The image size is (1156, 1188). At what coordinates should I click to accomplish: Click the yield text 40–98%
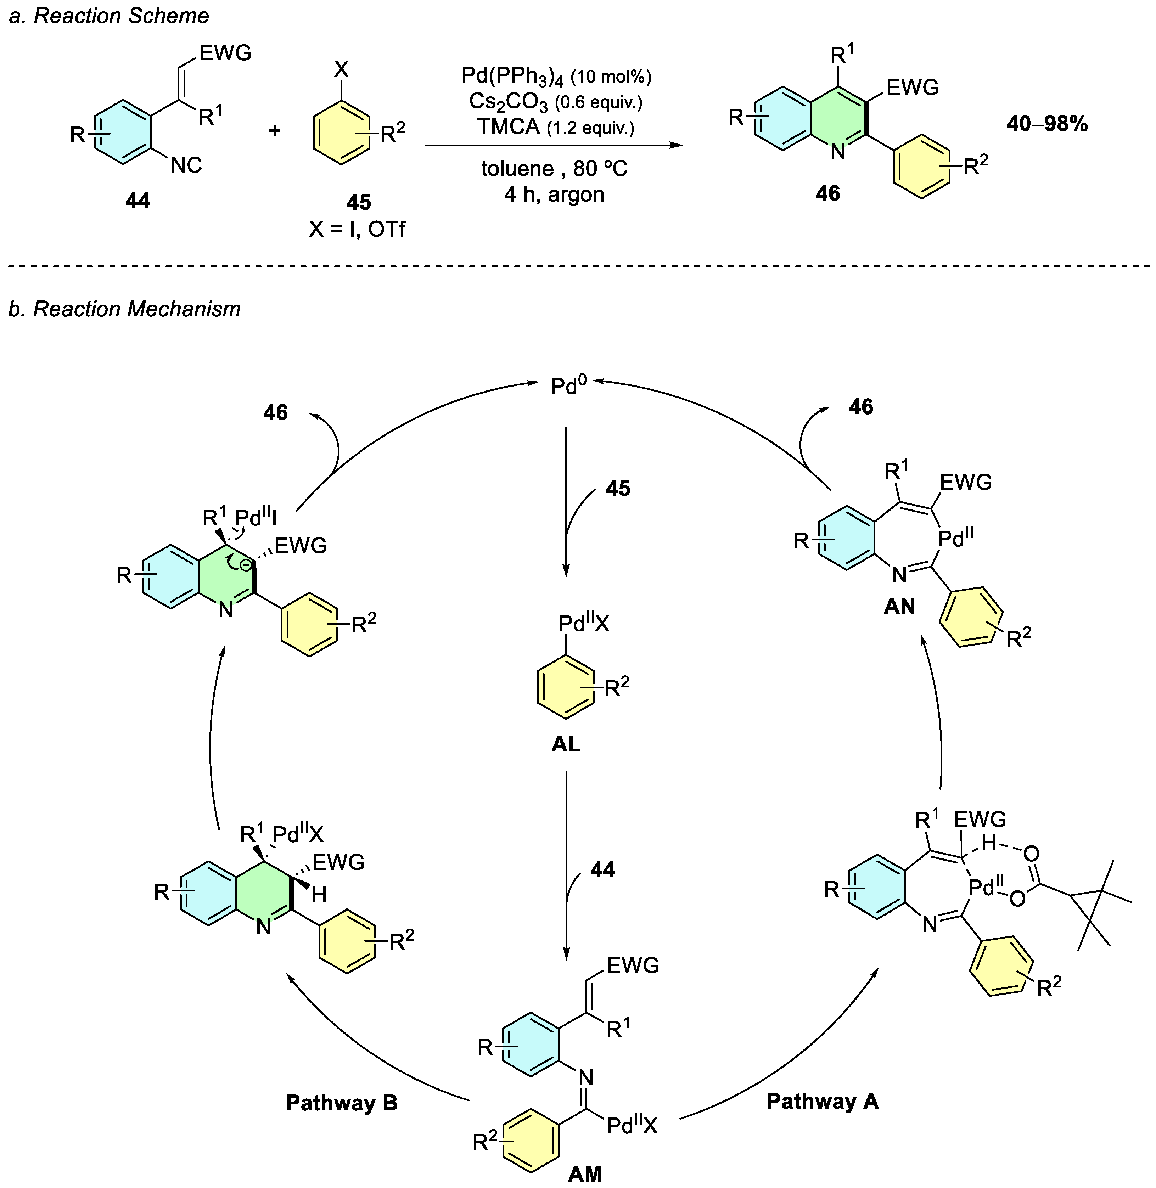pos(1047,124)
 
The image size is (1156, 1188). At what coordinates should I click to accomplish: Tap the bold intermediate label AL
pos(566,744)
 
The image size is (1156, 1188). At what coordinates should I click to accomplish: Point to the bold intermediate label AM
pos(585,1174)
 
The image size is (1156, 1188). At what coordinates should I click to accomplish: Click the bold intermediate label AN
pos(899,606)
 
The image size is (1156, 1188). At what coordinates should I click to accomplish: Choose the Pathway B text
pos(341,1103)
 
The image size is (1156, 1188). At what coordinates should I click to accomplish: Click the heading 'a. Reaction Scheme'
pos(109,16)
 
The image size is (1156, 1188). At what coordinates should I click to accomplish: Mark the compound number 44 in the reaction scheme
pos(138,200)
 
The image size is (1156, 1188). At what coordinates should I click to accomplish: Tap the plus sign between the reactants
pos(274,130)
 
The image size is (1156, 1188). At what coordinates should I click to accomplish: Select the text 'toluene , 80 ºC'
pos(554,168)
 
